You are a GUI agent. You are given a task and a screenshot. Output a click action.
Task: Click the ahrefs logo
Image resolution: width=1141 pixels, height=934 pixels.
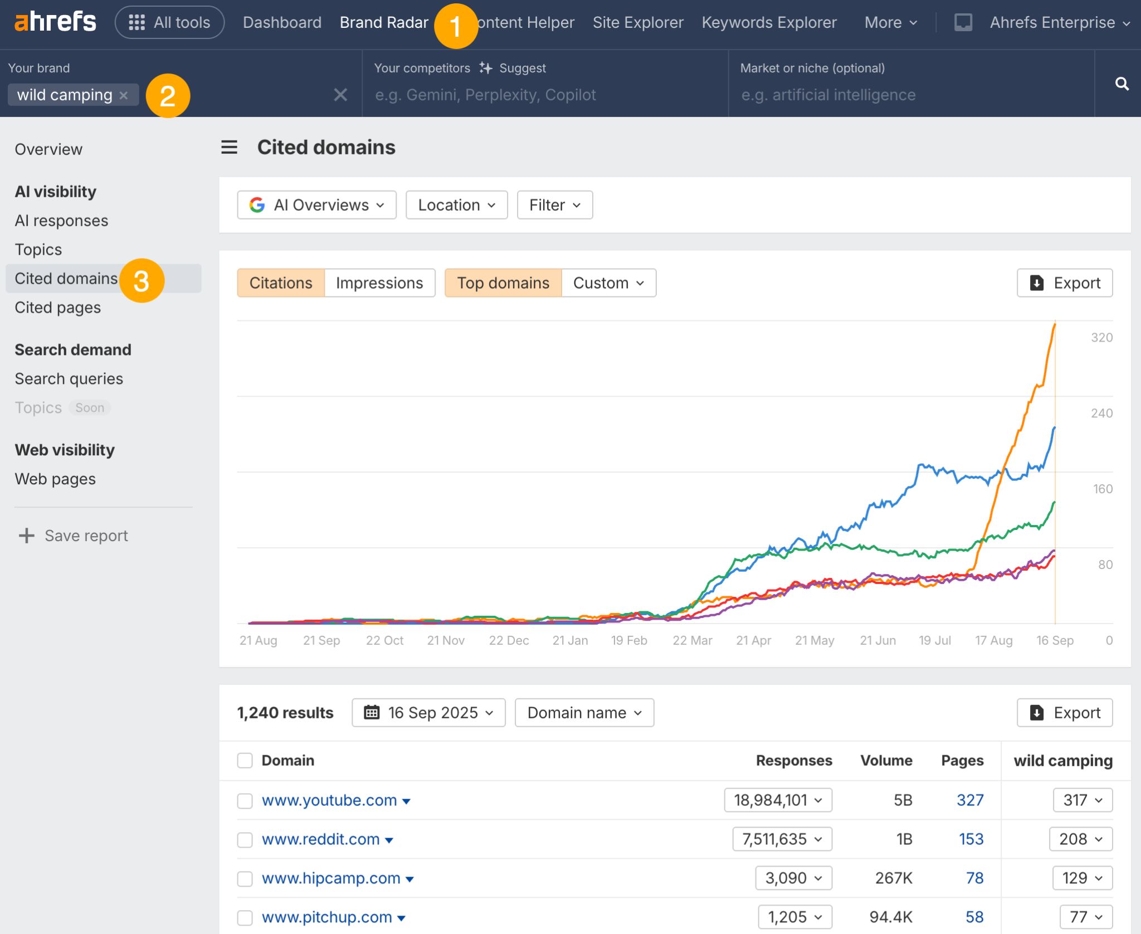tap(55, 22)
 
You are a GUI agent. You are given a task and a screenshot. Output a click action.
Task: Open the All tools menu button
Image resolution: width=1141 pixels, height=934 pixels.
tap(169, 22)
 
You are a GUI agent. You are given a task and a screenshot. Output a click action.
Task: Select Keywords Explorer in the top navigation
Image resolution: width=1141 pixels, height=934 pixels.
tap(769, 22)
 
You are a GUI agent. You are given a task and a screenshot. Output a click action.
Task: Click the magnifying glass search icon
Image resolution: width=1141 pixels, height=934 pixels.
tap(1122, 84)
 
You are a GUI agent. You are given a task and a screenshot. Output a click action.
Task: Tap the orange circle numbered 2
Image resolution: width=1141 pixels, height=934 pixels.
tap(168, 96)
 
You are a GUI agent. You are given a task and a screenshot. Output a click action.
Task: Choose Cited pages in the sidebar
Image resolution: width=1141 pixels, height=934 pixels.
tap(58, 308)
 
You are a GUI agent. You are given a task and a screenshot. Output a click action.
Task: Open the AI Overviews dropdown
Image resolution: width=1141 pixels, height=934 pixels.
tap(316, 205)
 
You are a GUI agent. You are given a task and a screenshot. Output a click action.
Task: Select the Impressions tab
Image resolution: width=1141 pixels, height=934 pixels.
tap(379, 283)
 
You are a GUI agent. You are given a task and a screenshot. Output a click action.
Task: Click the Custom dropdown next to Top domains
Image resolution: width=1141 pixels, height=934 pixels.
tap(608, 283)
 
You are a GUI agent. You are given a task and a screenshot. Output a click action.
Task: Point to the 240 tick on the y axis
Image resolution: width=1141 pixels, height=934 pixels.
tap(1101, 413)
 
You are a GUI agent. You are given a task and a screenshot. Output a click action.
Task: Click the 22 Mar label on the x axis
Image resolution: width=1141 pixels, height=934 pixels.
tap(692, 640)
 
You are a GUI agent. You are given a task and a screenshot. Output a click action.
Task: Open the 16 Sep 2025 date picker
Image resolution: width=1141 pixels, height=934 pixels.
tap(428, 713)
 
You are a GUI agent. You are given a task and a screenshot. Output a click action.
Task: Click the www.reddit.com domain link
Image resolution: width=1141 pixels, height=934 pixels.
tap(321, 839)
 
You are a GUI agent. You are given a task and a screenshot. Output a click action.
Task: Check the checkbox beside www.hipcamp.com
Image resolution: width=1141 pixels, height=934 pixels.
tap(245, 879)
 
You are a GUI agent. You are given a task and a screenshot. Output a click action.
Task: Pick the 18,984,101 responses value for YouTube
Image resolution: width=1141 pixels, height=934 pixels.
tap(778, 800)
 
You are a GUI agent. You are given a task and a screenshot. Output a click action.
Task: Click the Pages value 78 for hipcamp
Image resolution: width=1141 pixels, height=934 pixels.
tap(974, 878)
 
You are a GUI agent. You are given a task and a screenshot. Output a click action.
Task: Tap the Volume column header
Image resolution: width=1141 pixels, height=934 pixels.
tap(886, 761)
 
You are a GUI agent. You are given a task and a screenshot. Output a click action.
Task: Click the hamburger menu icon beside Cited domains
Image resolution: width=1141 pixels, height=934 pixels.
tap(230, 148)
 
